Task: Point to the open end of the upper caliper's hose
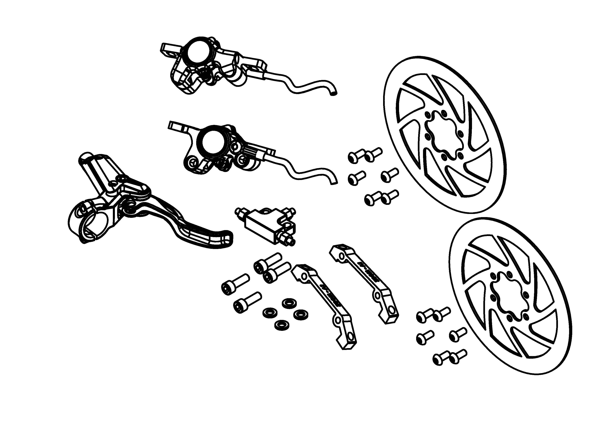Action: (334, 94)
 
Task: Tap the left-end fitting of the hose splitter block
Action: (238, 212)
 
